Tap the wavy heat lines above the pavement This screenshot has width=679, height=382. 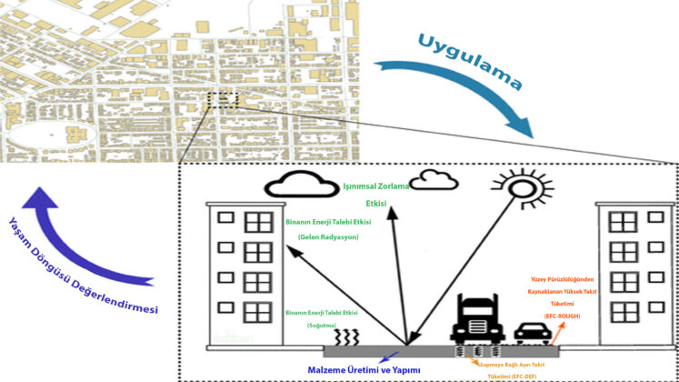[345, 337]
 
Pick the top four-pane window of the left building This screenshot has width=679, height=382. [259, 221]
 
